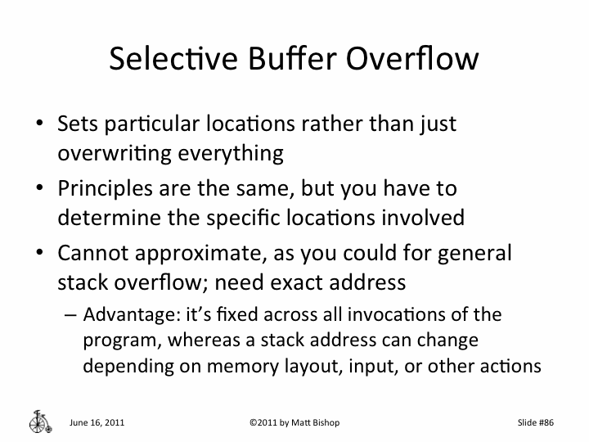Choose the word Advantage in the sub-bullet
click(x=121, y=314)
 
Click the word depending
click(x=119, y=364)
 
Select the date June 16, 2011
click(x=97, y=422)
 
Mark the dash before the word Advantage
click(x=70, y=315)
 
